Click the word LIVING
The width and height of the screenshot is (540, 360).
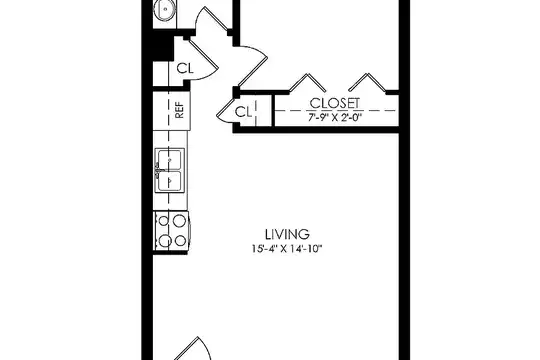click(287, 234)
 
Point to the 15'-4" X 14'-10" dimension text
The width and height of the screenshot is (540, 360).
click(287, 248)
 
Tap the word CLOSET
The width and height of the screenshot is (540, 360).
click(335, 103)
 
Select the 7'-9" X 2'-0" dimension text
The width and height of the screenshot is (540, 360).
click(334, 118)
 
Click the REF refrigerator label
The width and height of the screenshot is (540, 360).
click(179, 110)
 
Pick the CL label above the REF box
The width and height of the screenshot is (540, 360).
click(185, 68)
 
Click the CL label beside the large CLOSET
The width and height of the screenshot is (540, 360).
click(243, 112)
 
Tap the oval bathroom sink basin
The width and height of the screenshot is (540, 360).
click(165, 10)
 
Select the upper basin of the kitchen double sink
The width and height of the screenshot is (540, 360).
click(169, 160)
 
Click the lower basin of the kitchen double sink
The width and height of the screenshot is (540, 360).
click(169, 181)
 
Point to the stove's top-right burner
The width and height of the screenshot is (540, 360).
click(179, 221)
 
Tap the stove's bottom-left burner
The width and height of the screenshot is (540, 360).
click(164, 241)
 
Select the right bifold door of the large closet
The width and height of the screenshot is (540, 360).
click(367, 82)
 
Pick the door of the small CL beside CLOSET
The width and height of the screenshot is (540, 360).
click(225, 111)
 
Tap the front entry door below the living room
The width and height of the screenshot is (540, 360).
click(193, 348)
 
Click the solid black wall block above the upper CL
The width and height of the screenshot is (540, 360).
click(163, 48)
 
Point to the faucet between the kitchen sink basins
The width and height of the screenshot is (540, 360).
click(158, 171)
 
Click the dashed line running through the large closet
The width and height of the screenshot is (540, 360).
click(336, 111)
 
